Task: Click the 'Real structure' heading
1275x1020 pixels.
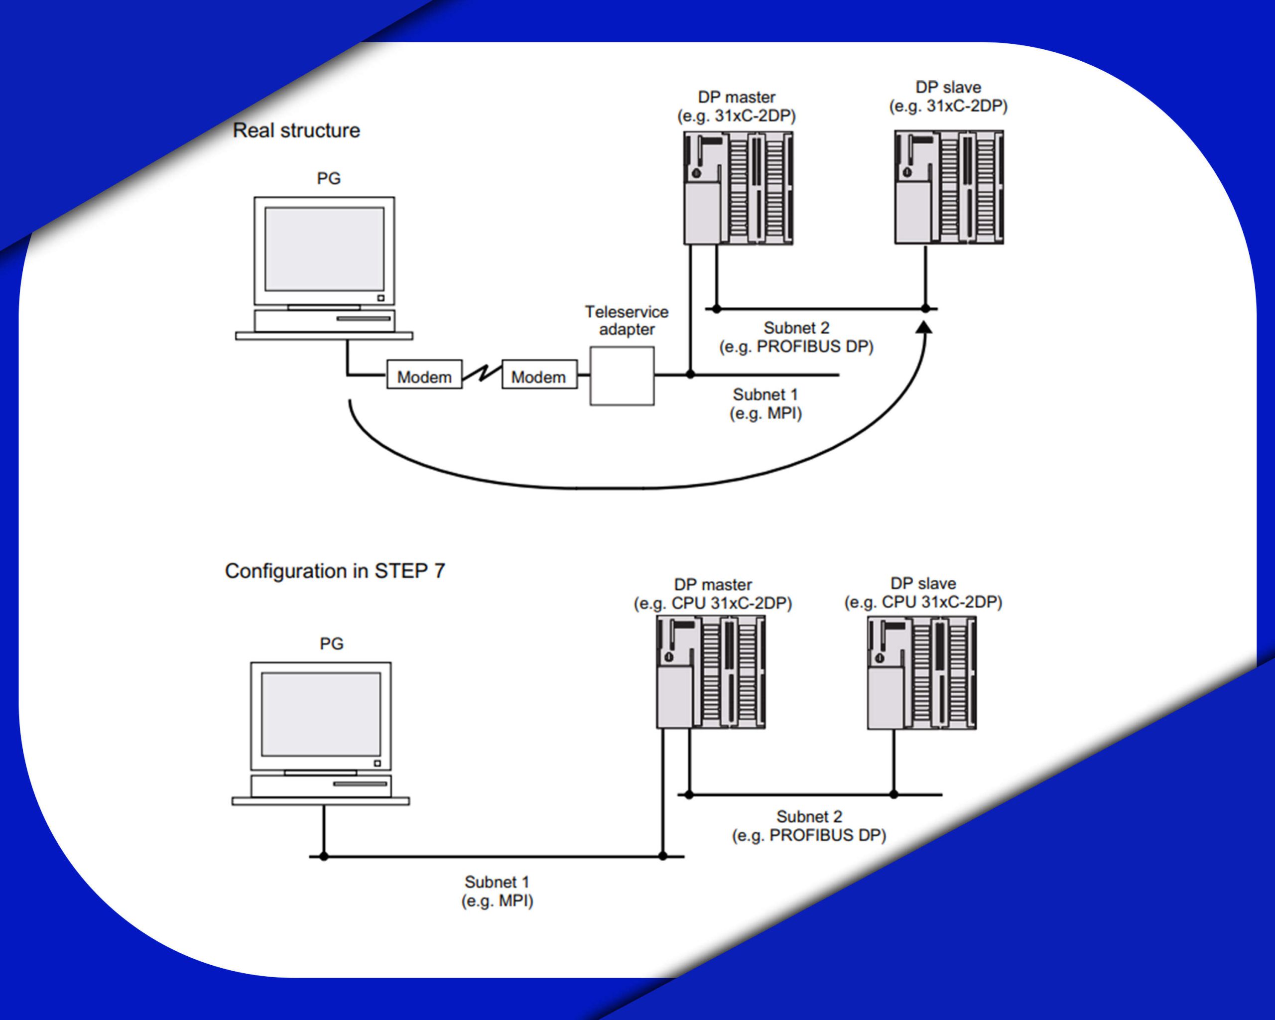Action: point(296,130)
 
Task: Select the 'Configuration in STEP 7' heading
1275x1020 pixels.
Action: point(335,571)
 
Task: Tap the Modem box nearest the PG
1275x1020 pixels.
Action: point(424,375)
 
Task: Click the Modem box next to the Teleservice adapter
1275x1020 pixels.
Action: point(539,375)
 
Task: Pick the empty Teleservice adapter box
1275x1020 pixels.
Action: point(622,376)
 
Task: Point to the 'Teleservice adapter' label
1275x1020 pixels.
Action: point(627,320)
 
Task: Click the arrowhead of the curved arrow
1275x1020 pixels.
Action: point(924,327)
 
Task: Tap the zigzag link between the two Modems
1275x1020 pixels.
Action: point(482,373)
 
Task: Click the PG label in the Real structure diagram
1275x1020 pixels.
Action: point(329,179)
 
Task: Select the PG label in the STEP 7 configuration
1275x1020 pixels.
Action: point(332,643)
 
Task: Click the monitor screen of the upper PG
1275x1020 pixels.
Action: point(324,249)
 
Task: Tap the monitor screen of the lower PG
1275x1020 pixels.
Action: point(321,714)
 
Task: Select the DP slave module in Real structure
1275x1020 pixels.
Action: point(949,187)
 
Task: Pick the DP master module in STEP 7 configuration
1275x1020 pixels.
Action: point(711,672)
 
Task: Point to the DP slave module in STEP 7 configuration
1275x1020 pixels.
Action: point(921,673)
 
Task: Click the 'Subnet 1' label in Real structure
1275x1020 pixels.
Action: point(765,394)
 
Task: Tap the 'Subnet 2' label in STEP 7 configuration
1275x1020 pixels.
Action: point(809,817)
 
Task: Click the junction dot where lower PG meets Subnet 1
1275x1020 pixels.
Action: point(323,856)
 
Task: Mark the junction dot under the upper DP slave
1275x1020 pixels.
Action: point(925,309)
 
